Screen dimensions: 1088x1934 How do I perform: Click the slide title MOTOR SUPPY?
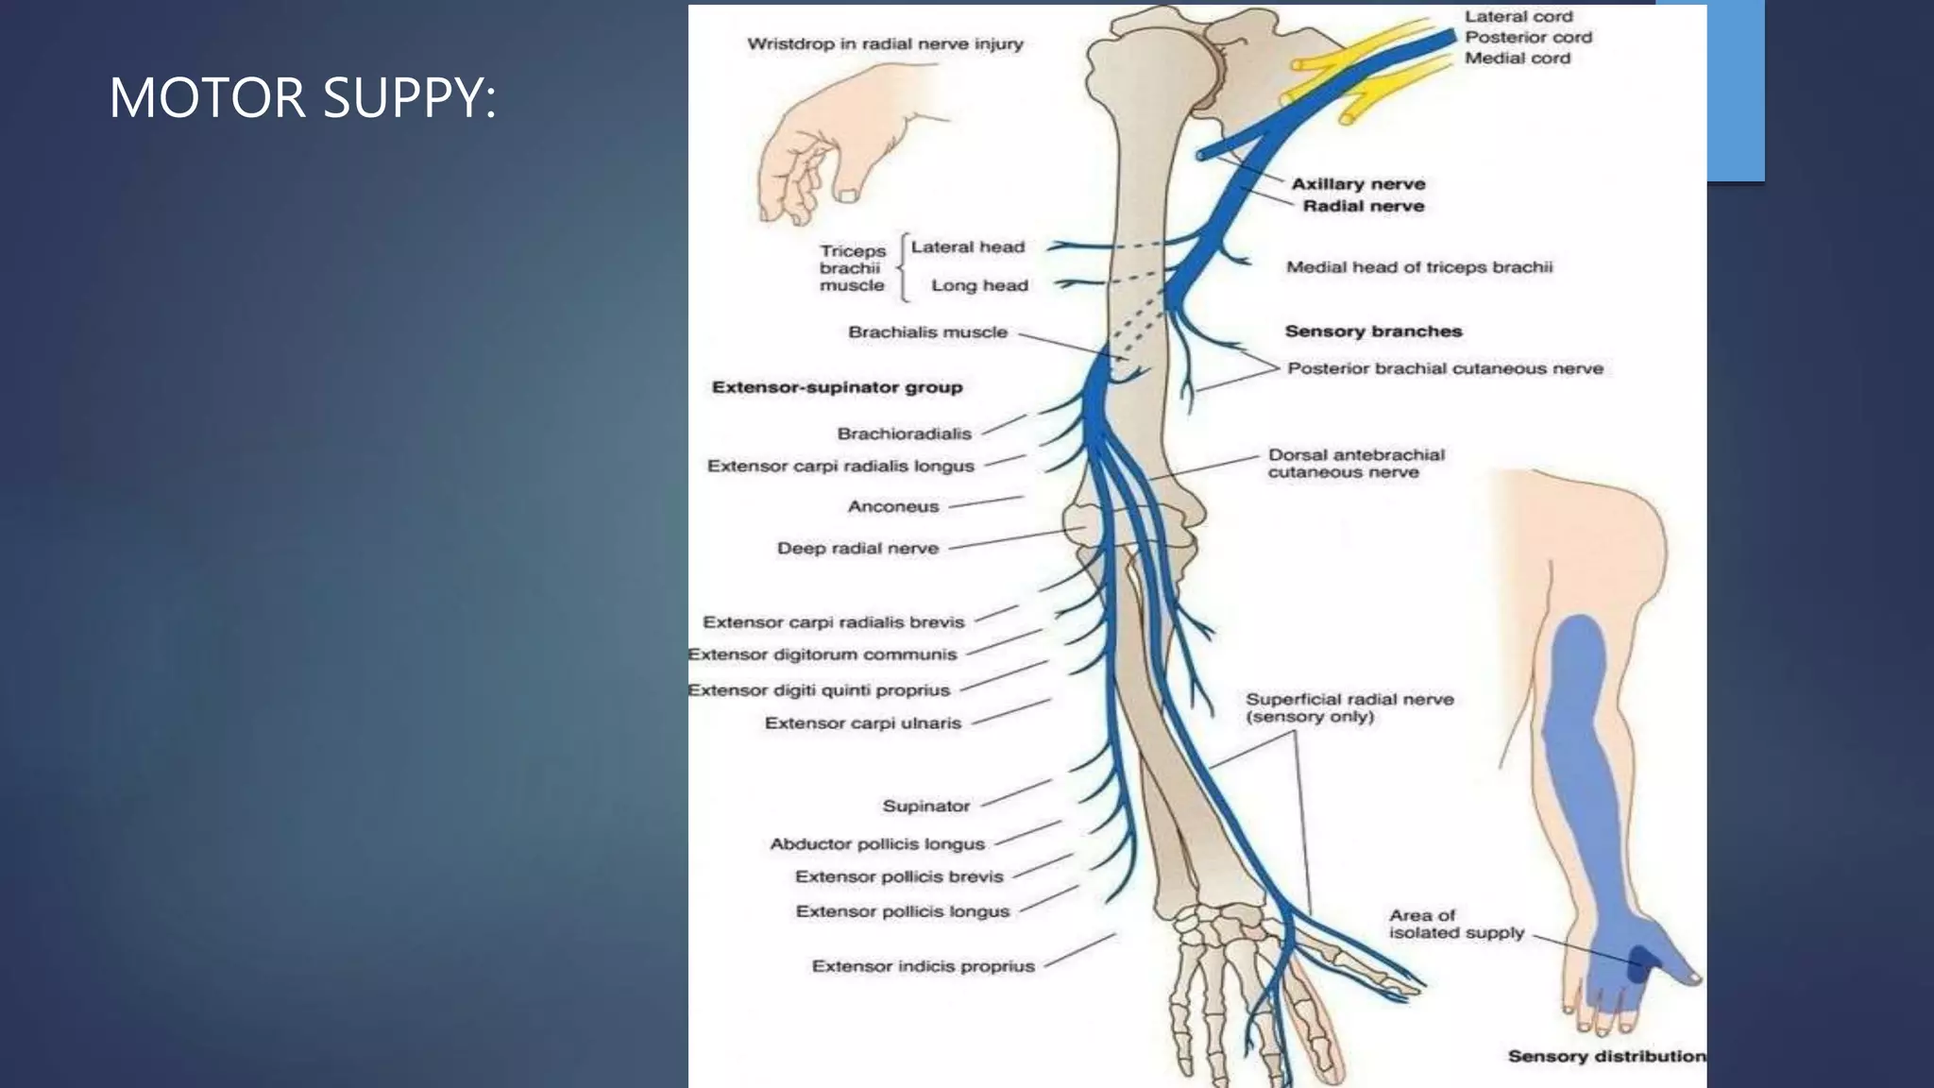(302, 97)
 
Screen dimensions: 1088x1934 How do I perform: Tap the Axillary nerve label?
(1358, 184)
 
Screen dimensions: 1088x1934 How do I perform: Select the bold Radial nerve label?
(1363, 206)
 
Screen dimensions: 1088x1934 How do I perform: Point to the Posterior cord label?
(1528, 38)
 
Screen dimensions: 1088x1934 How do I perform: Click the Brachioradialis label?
(904, 433)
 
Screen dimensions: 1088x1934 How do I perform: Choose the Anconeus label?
(892, 506)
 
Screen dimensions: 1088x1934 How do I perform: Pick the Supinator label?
(925, 806)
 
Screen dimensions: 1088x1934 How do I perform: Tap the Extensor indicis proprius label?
(923, 966)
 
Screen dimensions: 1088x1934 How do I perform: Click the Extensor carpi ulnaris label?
(862, 722)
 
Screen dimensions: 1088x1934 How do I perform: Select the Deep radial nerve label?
(857, 548)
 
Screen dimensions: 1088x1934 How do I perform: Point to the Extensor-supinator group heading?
(837, 387)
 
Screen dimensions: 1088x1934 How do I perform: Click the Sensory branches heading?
(1373, 331)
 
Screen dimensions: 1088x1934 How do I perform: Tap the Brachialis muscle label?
(927, 332)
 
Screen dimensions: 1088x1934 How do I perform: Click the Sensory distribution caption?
(1606, 1056)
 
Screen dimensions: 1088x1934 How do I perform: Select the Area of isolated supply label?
(1456, 924)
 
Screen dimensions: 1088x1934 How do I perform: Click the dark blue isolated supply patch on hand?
(1644, 963)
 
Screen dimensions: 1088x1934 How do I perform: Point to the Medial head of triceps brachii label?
(1418, 267)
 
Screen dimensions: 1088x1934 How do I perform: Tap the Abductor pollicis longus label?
(876, 843)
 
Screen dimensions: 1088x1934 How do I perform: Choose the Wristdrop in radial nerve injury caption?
(885, 43)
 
